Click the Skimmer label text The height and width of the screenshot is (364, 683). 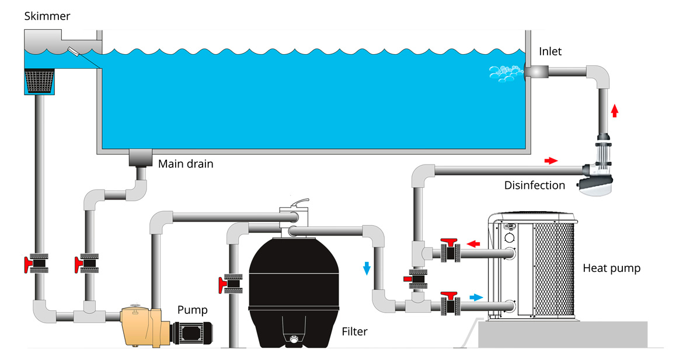click(x=47, y=16)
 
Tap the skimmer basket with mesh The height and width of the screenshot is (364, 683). click(x=40, y=81)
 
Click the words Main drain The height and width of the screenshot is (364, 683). click(x=186, y=164)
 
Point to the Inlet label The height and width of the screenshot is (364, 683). click(x=550, y=51)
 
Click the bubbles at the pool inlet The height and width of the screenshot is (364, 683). click(x=505, y=72)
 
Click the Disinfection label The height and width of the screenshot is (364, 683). click(x=535, y=185)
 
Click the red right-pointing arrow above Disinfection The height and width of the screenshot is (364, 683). click(x=550, y=160)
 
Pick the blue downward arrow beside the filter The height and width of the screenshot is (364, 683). click(x=367, y=268)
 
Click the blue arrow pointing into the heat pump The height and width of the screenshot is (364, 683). click(x=476, y=297)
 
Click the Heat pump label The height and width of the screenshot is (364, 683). click(x=612, y=268)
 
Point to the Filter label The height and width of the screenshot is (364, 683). click(x=355, y=332)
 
